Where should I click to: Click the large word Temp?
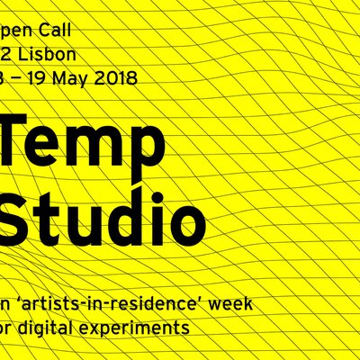tap(81, 145)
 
